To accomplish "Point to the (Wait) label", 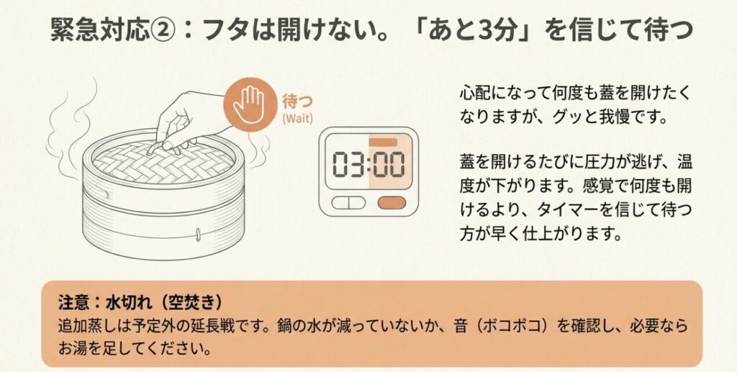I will (x=297, y=118).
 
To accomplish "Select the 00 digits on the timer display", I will (x=389, y=165).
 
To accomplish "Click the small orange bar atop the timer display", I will (x=387, y=142).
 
